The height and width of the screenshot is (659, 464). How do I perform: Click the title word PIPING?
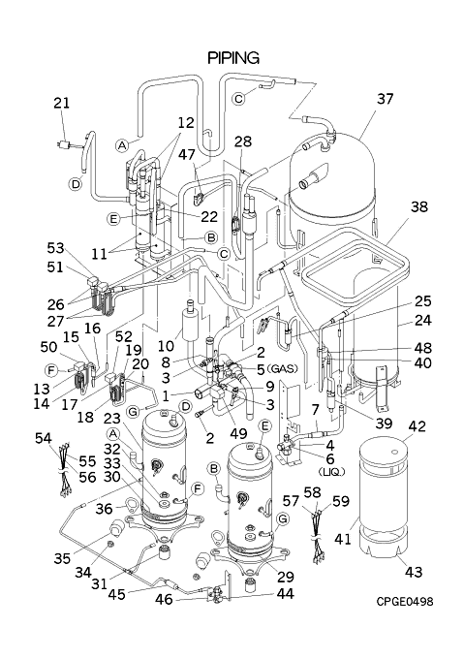coord(233,57)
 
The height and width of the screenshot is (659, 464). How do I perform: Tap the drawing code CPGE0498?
coord(404,602)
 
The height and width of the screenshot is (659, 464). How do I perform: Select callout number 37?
coord(385,99)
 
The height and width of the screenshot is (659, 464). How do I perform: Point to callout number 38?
coord(418,206)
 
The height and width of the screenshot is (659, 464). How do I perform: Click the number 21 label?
coord(61,103)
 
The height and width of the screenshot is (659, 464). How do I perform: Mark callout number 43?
coord(414,572)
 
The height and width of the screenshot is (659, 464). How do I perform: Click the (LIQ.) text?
coord(331,472)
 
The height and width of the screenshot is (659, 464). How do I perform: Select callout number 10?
coord(166,346)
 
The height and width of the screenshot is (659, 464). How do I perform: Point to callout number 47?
coord(186,155)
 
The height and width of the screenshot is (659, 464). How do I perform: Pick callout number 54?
coord(44,438)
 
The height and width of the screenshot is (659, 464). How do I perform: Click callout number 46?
coord(164,599)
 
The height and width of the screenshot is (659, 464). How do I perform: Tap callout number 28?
coord(243,142)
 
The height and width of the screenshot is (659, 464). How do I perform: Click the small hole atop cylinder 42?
coord(394,453)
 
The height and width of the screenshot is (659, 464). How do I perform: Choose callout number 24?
coord(422,320)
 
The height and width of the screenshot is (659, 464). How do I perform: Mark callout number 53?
coord(55,248)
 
